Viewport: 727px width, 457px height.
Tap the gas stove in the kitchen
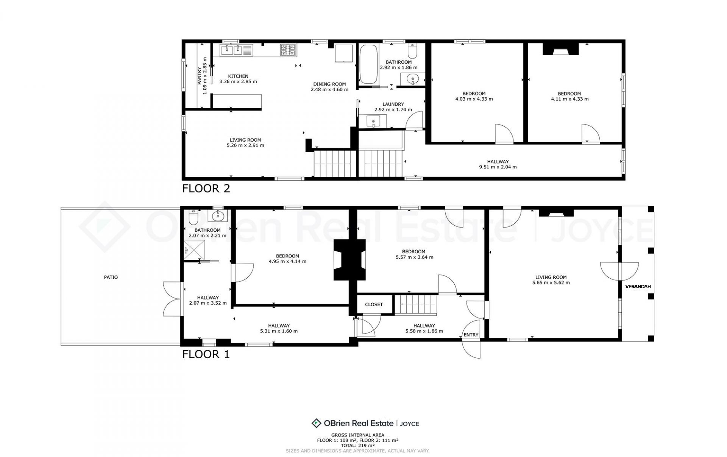pyautogui.click(x=288, y=50)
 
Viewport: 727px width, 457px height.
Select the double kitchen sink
pyautogui.click(x=233, y=50)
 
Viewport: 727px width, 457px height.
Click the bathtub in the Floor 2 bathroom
pyautogui.click(x=368, y=64)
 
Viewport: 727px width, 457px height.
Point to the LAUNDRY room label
pyautogui.click(x=393, y=104)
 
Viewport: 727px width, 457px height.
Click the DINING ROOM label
pyautogui.click(x=329, y=84)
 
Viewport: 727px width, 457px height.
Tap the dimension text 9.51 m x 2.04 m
pyautogui.click(x=498, y=167)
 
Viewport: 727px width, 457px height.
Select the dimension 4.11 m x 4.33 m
pyautogui.click(x=569, y=99)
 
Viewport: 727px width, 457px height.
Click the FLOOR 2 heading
pyautogui.click(x=206, y=188)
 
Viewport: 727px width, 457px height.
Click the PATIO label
pyautogui.click(x=111, y=277)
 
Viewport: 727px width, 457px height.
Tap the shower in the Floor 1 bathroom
pyautogui.click(x=194, y=250)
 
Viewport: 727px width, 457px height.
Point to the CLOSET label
pyautogui.click(x=374, y=304)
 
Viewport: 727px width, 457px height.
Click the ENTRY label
pyautogui.click(x=471, y=335)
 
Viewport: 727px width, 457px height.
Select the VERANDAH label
pyautogui.click(x=638, y=287)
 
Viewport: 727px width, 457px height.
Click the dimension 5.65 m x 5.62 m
pyautogui.click(x=551, y=282)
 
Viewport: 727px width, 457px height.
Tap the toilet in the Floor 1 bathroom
pyautogui.click(x=193, y=217)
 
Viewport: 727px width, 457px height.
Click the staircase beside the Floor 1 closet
pyautogui.click(x=416, y=305)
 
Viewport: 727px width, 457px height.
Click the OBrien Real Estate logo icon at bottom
pyautogui.click(x=316, y=423)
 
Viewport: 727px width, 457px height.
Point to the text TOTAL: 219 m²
pyautogui.click(x=357, y=446)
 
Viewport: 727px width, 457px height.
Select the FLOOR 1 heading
pyautogui.click(x=206, y=354)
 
